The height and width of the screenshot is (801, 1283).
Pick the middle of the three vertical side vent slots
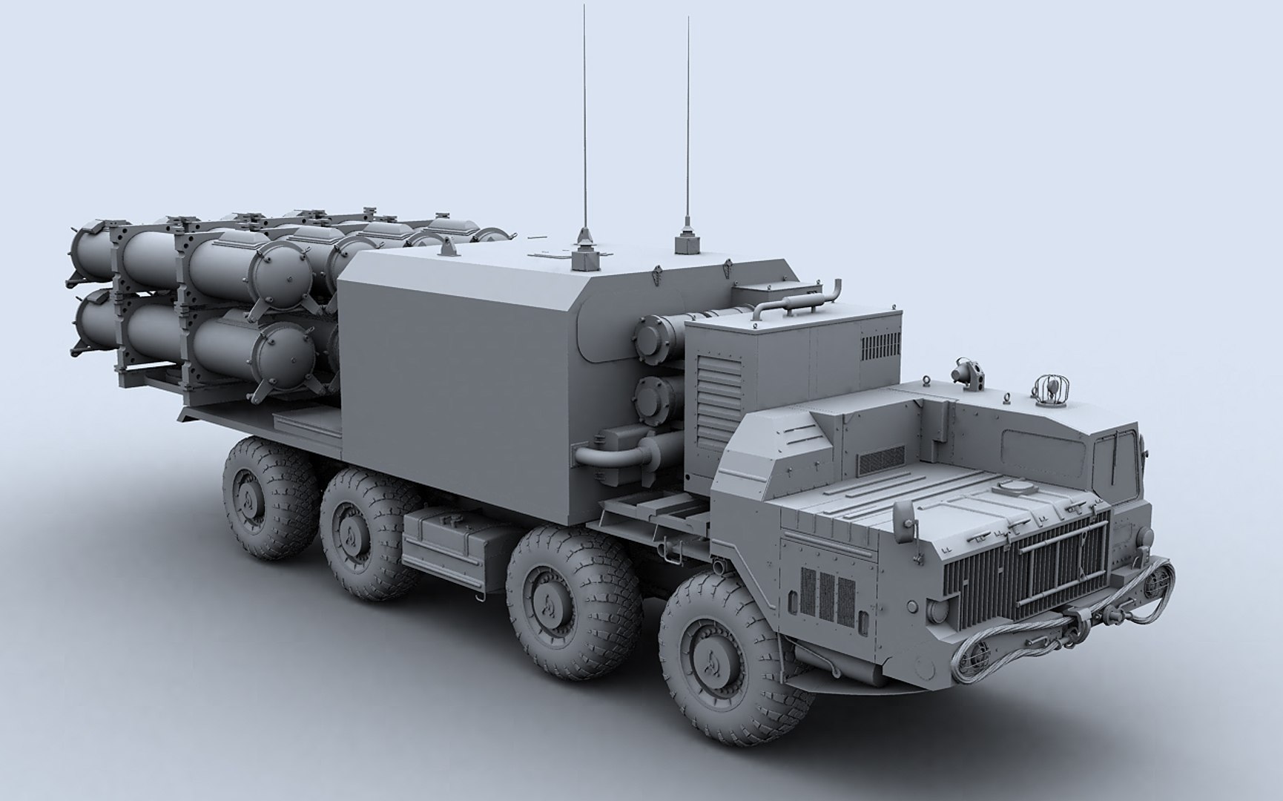(827, 597)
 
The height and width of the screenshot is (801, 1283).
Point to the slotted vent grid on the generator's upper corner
(882, 343)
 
